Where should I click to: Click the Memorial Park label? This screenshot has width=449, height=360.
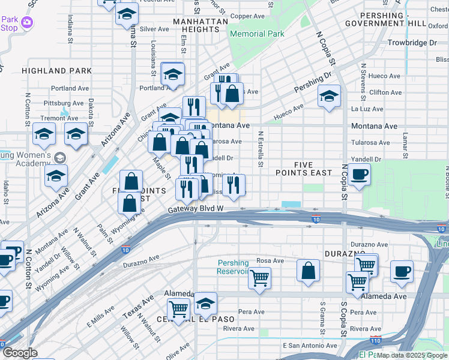coord(257,34)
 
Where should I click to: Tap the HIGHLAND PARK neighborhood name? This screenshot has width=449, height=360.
coord(57,71)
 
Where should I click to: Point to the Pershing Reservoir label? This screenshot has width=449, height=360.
coord(232,267)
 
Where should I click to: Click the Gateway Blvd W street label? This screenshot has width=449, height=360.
coord(196,208)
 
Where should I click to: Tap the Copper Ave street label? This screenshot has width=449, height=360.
coord(247,16)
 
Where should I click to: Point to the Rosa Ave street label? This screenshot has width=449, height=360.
coord(270,260)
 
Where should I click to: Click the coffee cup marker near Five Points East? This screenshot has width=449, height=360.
coord(359,175)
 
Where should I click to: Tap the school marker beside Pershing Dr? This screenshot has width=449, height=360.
coord(329,96)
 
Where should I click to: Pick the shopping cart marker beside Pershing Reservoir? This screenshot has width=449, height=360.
coord(259,278)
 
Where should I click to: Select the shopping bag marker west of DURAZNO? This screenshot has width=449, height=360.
coord(308,270)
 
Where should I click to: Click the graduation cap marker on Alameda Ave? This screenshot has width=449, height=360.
coord(205,304)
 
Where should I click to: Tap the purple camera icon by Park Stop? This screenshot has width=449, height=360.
coord(26,22)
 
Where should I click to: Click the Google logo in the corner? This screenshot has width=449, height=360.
coord(20,353)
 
